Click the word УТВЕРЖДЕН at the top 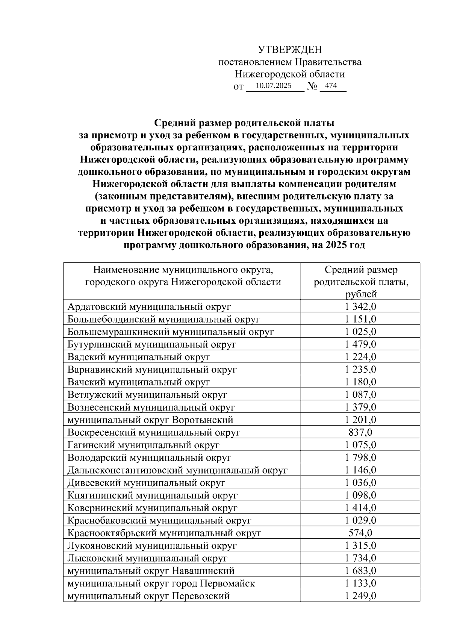point(290,50)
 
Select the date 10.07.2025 point(273,86)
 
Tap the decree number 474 point(331,86)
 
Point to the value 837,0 point(360,432)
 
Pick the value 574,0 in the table point(360,533)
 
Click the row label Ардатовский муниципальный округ point(149,307)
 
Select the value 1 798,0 point(360,458)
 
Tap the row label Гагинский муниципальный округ point(143,445)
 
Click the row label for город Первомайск point(161,583)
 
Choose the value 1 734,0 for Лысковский point(360,558)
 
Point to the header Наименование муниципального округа point(183,276)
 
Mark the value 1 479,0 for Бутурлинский point(360,344)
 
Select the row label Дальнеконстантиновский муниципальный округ point(177,470)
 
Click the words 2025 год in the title point(345,246)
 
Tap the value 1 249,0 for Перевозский point(360,596)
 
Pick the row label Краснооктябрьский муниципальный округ point(164,533)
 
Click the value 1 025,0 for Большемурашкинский point(360,332)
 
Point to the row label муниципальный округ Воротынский point(150,420)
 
